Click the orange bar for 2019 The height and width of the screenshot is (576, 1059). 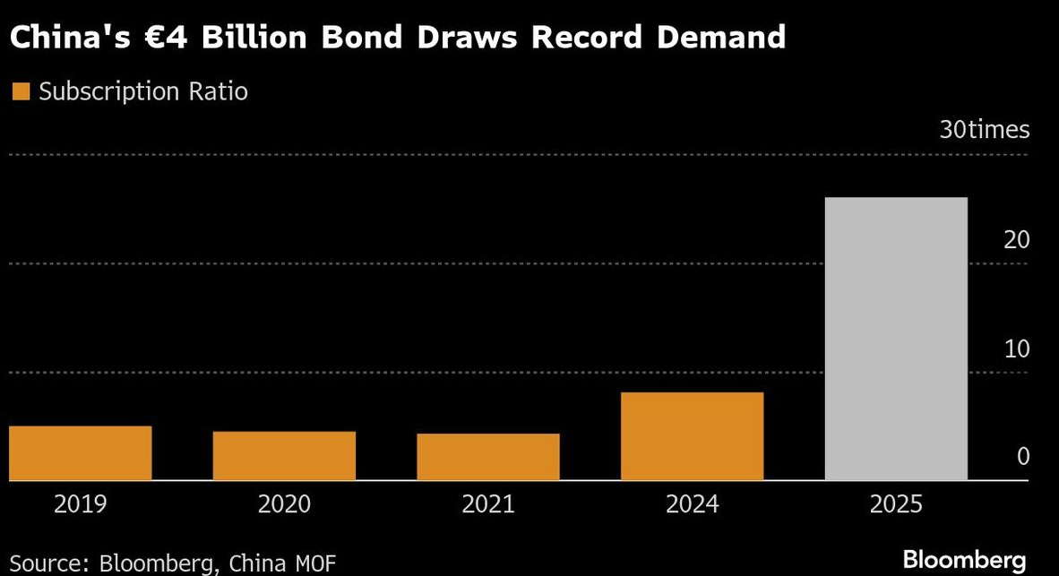click(80, 453)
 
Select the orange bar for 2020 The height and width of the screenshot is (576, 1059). click(284, 456)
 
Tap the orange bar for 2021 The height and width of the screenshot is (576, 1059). click(487, 457)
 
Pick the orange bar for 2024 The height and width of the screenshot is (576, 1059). click(692, 436)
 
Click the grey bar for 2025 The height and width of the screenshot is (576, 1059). click(896, 339)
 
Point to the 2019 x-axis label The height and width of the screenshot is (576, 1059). click(80, 504)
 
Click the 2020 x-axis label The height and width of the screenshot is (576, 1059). click(284, 504)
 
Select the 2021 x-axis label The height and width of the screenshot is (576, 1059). click(487, 504)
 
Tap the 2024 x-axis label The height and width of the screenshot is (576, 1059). click(692, 504)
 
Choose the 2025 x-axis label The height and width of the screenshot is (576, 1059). click(896, 504)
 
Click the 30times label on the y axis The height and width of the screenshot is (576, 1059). click(985, 130)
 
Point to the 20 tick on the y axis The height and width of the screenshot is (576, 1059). click(1016, 240)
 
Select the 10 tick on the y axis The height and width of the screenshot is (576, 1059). click(1016, 348)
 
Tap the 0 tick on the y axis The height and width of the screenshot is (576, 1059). click(1023, 457)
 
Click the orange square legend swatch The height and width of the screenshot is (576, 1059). click(20, 91)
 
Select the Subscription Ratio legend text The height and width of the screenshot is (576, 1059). click(143, 91)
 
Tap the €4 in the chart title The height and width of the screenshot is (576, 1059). click(204, 38)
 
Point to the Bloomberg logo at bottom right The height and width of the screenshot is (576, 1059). click(964, 560)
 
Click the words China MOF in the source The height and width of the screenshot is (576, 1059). click(282, 563)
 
